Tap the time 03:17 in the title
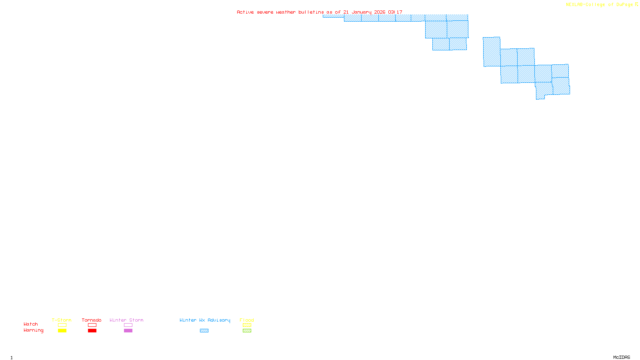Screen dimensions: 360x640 (395, 12)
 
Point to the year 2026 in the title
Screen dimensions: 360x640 (380, 12)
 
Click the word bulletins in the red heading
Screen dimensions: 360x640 (311, 12)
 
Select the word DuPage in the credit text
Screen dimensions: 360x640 (624, 5)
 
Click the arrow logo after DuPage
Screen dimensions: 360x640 (636, 5)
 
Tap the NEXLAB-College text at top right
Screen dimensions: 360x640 (585, 5)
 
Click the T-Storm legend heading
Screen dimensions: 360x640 (62, 320)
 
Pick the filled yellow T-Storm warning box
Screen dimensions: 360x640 (62, 331)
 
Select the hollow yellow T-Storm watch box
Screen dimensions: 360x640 (62, 325)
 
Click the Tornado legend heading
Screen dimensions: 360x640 (92, 320)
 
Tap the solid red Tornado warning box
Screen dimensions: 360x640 (92, 331)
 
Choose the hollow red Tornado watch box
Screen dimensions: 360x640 (92, 325)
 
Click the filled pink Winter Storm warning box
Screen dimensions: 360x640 (128, 331)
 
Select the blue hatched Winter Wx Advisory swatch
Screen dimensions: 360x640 (204, 331)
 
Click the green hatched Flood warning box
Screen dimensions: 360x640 (247, 331)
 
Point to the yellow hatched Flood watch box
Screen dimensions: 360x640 (247, 325)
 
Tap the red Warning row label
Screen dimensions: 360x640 (33, 330)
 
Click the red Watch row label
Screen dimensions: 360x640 (31, 324)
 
